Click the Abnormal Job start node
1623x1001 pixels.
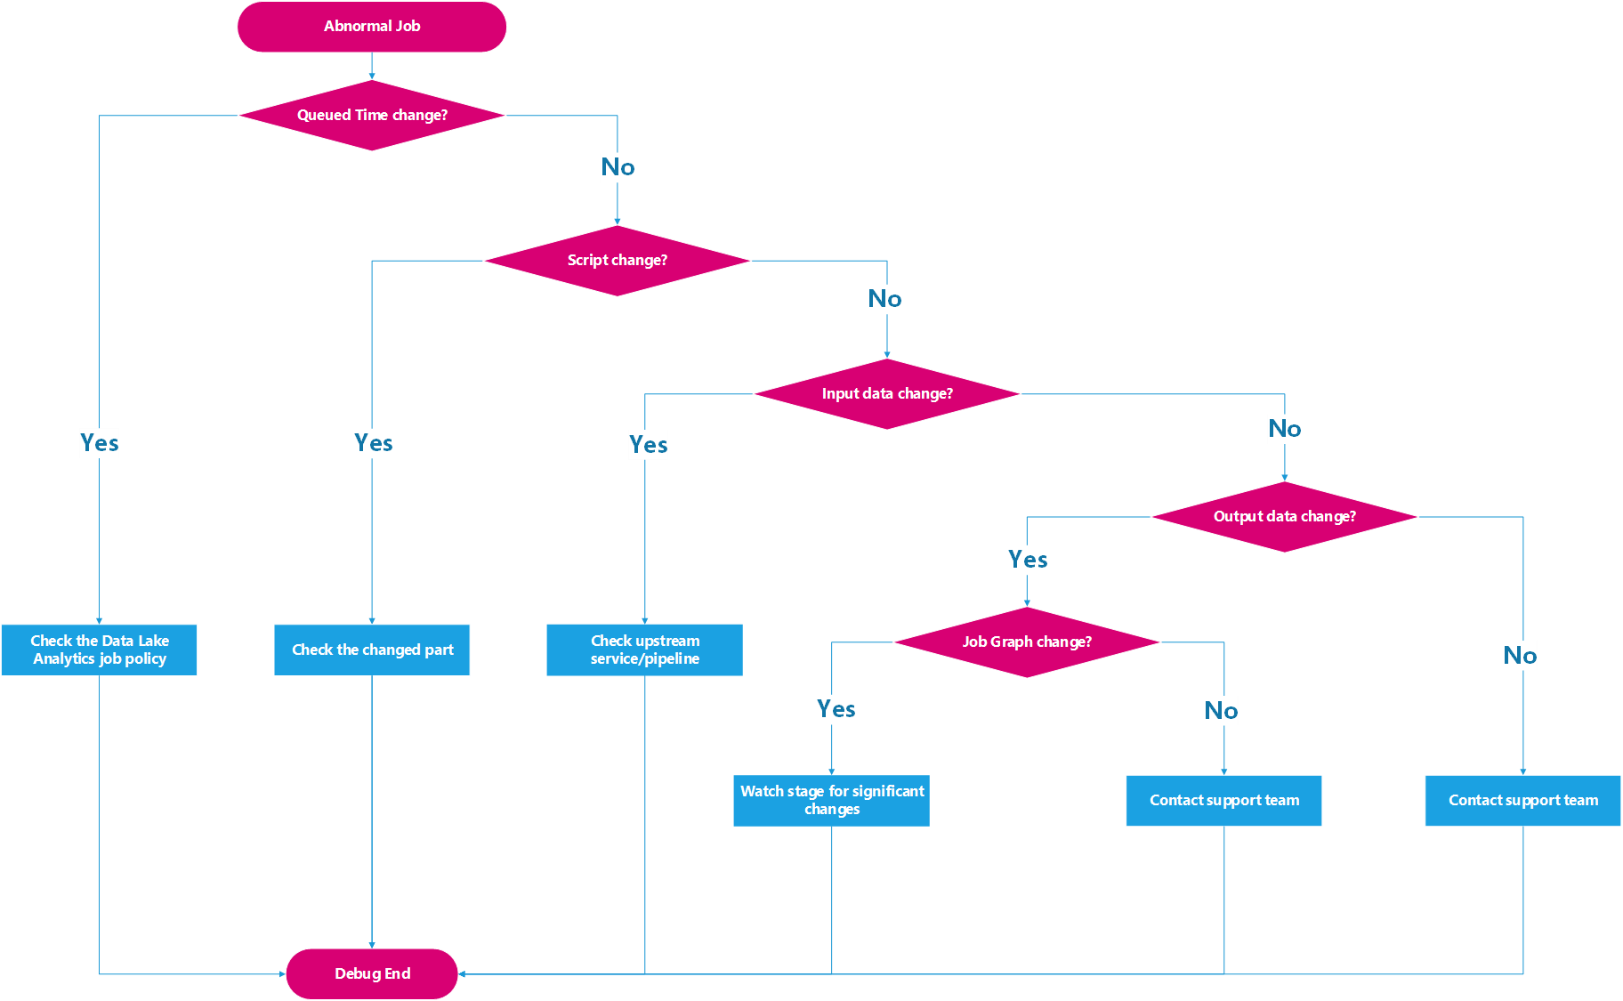click(x=372, y=27)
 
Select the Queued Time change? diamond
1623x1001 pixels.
click(x=372, y=116)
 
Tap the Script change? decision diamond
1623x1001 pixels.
click(x=617, y=261)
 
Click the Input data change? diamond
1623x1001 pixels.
click(x=887, y=394)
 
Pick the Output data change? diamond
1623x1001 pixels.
click(x=1284, y=517)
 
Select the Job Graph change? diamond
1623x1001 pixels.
click(x=1027, y=642)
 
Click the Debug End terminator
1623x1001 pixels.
click(x=372, y=973)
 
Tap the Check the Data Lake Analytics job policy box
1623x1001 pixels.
click(x=100, y=650)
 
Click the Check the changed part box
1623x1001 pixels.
click(x=372, y=650)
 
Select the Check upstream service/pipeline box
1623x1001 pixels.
click(x=644, y=650)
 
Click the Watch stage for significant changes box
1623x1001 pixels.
click(x=831, y=800)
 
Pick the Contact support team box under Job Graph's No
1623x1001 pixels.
click(x=1223, y=801)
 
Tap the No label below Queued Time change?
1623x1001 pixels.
click(x=618, y=167)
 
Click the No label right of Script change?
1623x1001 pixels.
click(x=884, y=299)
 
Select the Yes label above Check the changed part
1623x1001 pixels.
click(x=374, y=443)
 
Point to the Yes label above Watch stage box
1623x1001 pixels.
click(x=836, y=709)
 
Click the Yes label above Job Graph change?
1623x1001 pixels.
click(x=1028, y=560)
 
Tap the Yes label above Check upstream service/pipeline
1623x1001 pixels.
click(x=648, y=445)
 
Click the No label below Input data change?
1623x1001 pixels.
click(x=1284, y=429)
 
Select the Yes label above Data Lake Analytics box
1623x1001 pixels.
click(x=100, y=443)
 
